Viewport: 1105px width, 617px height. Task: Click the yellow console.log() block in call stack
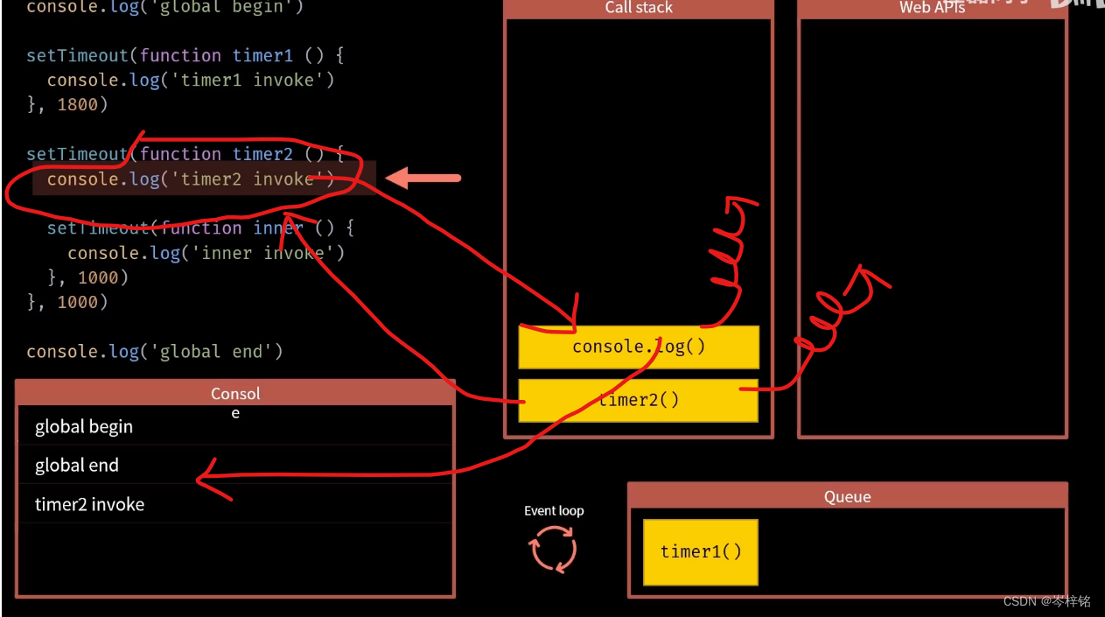pyautogui.click(x=639, y=347)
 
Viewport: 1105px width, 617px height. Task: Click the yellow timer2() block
pyautogui.click(x=639, y=401)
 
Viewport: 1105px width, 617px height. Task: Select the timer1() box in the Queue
pyautogui.click(x=700, y=551)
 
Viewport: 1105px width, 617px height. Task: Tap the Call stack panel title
pyautogui.click(x=639, y=9)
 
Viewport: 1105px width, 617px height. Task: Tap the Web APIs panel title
pyautogui.click(x=932, y=9)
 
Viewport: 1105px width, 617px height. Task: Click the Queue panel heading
pyautogui.click(x=847, y=497)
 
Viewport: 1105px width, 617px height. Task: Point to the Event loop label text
pyautogui.click(x=554, y=511)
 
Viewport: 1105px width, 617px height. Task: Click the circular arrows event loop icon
pyautogui.click(x=553, y=550)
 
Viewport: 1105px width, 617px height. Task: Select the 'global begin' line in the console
pyautogui.click(x=84, y=427)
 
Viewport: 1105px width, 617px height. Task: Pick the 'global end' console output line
pyautogui.click(x=77, y=466)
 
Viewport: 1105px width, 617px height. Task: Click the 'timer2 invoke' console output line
pyautogui.click(x=89, y=504)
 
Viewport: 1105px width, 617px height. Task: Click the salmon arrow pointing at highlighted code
pyautogui.click(x=423, y=179)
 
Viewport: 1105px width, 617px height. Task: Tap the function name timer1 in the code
pyautogui.click(x=262, y=55)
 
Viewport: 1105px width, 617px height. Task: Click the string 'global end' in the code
pyautogui.click(x=217, y=351)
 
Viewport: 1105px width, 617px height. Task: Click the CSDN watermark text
pyautogui.click(x=1046, y=601)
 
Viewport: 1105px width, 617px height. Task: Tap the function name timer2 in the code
pyautogui.click(x=262, y=154)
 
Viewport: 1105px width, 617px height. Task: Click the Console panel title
pyautogui.click(x=235, y=395)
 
